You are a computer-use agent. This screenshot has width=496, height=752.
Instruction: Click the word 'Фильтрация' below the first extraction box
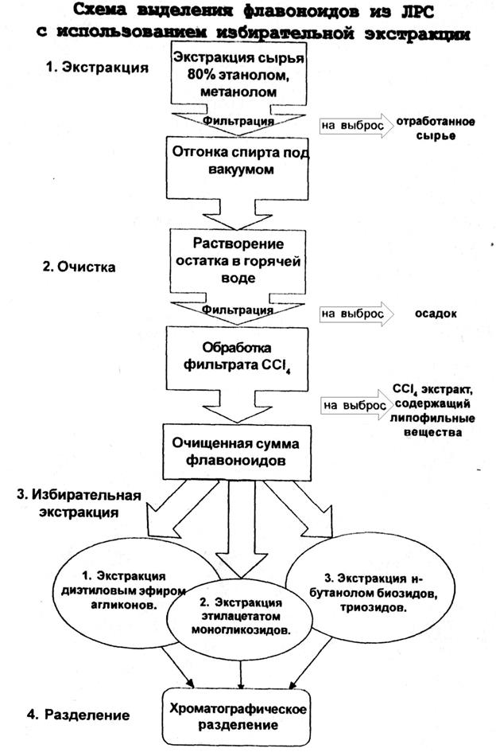[x=239, y=122]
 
